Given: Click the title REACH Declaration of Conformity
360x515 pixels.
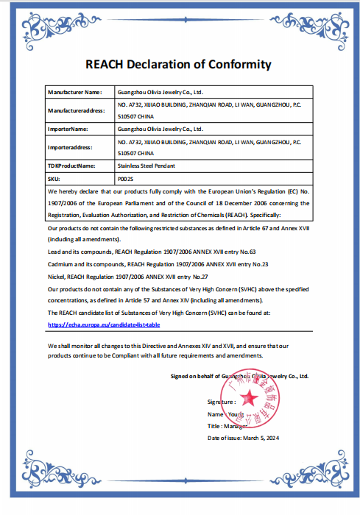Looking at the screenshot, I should coord(179,64).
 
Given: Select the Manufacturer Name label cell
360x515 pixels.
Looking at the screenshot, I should coord(74,93).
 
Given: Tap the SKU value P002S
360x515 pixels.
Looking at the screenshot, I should coord(126,179).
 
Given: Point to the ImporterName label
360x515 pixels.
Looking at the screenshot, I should coord(68,128).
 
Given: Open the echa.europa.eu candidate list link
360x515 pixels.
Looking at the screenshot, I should coord(103,324).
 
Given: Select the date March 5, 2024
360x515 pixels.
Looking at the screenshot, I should coord(262,438).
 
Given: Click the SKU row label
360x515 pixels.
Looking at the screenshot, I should coord(54,179).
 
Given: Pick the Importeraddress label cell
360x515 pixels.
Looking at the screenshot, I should coord(71,146).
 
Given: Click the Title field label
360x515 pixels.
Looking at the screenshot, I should coord(216,426).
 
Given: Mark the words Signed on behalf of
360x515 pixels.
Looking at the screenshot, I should coord(195,376).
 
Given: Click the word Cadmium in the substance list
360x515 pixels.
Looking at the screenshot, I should coord(61,263).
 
